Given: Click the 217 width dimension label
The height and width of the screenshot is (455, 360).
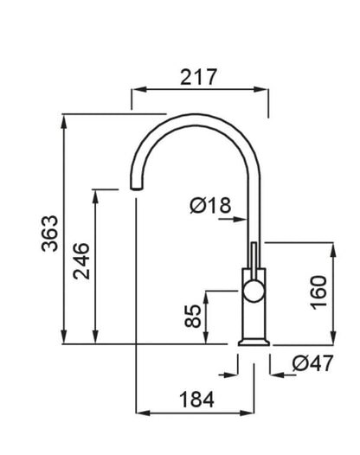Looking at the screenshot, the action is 198,77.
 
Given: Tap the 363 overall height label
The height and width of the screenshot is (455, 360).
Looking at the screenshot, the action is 49,234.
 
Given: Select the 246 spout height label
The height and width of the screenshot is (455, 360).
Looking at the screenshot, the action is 81,261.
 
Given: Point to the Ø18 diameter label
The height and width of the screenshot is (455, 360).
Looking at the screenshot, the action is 210,205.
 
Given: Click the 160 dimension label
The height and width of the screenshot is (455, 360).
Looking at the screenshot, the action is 318,292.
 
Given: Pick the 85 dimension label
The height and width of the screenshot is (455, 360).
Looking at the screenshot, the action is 192,316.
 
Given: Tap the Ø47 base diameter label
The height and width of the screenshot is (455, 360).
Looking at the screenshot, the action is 312,363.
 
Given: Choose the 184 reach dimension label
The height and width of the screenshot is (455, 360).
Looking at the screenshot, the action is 197,400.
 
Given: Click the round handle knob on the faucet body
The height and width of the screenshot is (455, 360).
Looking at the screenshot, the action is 254,292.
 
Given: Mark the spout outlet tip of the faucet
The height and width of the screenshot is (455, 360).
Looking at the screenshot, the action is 136,189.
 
